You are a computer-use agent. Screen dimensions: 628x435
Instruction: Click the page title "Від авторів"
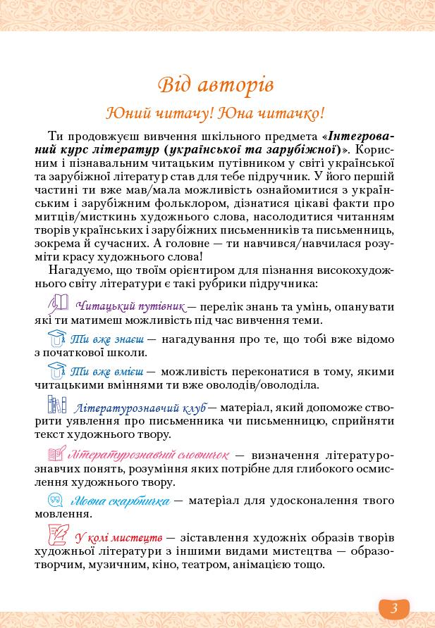tap(216, 84)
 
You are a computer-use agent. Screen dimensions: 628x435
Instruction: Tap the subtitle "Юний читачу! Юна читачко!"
tap(215, 113)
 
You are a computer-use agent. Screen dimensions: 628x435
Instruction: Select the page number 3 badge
tap(394, 608)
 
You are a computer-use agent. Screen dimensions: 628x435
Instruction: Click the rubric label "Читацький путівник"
tap(130, 306)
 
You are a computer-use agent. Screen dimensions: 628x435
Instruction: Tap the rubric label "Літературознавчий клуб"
tap(140, 408)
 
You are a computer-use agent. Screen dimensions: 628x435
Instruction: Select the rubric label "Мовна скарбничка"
tap(120, 501)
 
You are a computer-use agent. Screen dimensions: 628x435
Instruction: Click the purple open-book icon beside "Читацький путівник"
tap(59, 304)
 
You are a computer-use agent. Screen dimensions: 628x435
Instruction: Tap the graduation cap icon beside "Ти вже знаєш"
tap(56, 338)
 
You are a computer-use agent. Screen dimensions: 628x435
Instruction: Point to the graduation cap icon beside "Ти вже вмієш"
tap(56, 370)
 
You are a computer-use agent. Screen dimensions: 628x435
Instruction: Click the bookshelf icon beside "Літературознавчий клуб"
tap(57, 404)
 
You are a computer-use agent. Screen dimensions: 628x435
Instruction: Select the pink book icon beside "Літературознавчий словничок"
tap(56, 453)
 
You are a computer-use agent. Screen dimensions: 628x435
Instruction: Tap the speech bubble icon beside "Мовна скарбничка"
tap(56, 500)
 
